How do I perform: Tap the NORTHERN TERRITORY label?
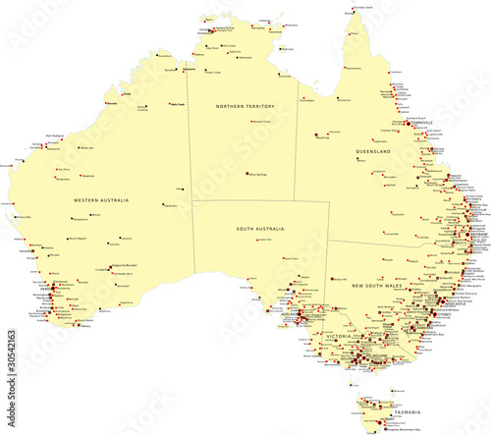245,105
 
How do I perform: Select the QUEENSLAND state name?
374,152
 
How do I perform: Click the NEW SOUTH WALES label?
378,285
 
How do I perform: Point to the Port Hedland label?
55,136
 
